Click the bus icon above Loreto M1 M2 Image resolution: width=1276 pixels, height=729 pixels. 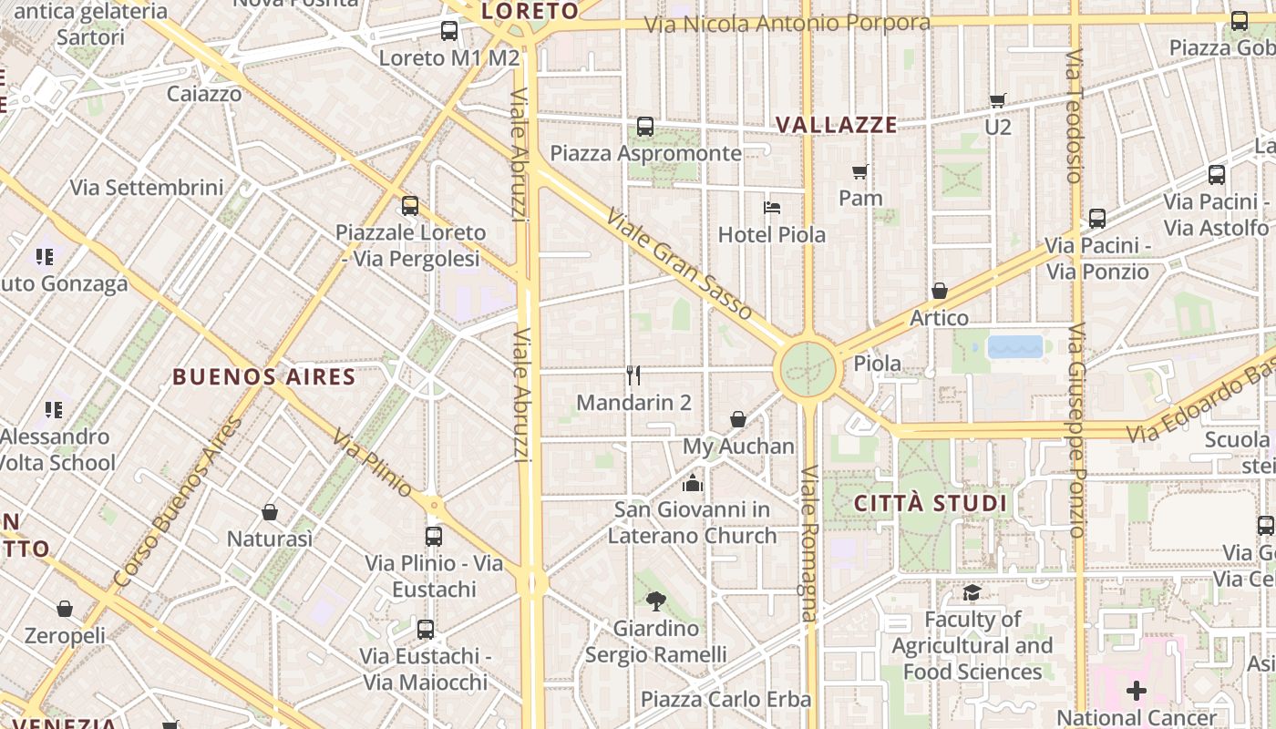449,31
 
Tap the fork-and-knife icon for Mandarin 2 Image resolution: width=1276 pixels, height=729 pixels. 633,375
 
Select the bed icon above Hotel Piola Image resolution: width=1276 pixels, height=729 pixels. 772,207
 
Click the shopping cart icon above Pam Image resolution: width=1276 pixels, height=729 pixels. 859,170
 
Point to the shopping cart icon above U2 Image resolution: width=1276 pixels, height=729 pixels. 998,99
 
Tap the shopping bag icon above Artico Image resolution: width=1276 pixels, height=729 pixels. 939,291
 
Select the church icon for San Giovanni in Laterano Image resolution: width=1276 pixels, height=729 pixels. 693,482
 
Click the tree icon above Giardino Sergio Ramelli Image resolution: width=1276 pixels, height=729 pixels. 655,601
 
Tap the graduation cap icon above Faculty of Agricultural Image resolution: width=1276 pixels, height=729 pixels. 972,592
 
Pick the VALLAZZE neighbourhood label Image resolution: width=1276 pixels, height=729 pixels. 836,125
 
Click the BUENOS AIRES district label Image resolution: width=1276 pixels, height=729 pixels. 263,376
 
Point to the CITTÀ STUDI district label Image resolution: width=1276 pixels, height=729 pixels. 930,503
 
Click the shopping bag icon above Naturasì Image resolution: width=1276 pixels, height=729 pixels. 269,511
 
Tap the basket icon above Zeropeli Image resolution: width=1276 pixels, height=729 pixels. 65,608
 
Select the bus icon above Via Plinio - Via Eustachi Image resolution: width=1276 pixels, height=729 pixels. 434,536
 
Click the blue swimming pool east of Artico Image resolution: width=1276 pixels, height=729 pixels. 1015,346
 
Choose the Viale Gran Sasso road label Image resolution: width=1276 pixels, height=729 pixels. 680,265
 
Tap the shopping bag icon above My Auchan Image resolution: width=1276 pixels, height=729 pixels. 738,419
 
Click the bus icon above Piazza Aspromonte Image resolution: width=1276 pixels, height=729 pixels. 645,126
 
